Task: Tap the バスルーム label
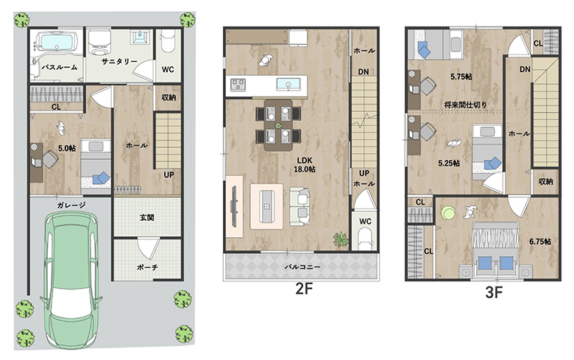(59, 68)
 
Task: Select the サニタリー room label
(119, 62)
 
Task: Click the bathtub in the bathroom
(57, 41)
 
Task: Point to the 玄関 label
(146, 217)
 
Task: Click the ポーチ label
(147, 268)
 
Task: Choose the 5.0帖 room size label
(67, 148)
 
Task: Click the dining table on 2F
(278, 125)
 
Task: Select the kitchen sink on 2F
(288, 84)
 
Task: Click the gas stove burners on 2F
(238, 85)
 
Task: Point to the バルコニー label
(302, 267)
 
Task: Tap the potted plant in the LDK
(341, 239)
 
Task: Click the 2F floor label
(304, 289)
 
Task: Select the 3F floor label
(494, 292)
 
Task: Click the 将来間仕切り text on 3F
(465, 105)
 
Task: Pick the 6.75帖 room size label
(540, 241)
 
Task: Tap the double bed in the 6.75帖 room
(496, 249)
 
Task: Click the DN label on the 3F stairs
(525, 69)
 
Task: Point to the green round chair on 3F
(447, 213)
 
